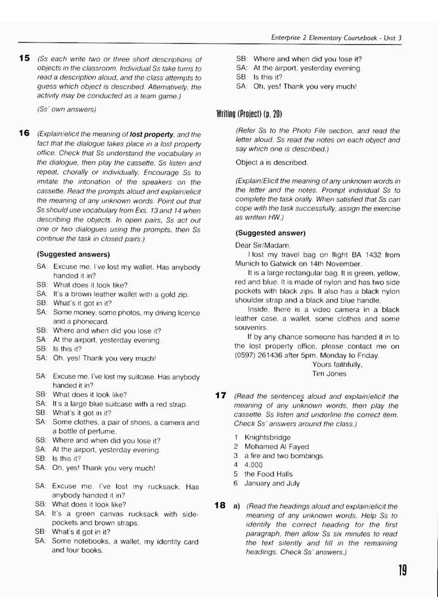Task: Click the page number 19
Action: coord(402,570)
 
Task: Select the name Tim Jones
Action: coord(328,373)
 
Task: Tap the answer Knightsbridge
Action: coord(268,438)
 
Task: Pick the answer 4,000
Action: coord(253,465)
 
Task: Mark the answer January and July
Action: coord(272,483)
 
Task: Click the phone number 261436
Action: coord(273,355)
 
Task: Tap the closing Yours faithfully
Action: coord(337,364)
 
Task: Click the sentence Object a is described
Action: coord(272,163)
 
